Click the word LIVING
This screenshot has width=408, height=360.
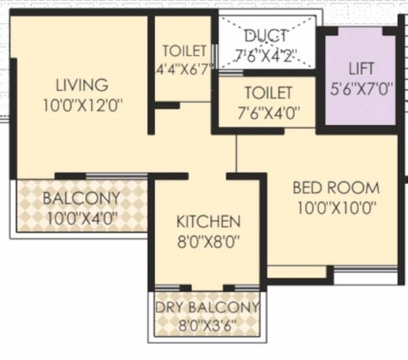[82, 86]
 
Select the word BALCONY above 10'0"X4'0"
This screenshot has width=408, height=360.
[81, 199]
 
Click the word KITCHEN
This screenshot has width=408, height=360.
[208, 222]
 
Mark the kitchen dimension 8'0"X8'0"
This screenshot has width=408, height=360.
[208, 240]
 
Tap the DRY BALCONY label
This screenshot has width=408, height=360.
[207, 308]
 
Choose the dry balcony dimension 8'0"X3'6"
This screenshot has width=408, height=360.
[207, 324]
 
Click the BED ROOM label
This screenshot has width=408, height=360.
[336, 187]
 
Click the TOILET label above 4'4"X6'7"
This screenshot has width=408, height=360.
[184, 51]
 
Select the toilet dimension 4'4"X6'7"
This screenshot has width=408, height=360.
[184, 68]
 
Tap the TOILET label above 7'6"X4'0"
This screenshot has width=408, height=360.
[267, 92]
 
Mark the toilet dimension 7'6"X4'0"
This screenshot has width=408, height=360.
[267, 111]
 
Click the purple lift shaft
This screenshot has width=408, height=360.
[361, 109]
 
